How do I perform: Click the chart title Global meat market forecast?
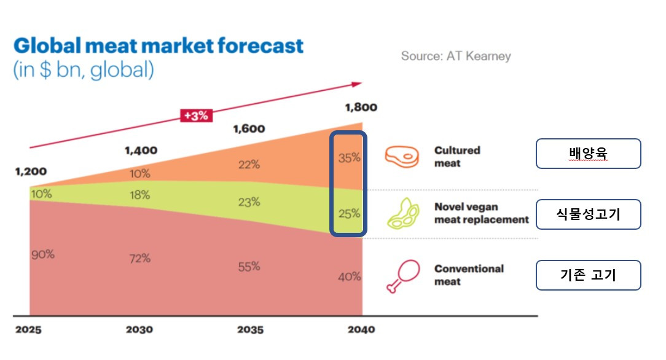click(x=159, y=46)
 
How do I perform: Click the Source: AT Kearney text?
click(x=456, y=56)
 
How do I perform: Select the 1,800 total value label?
click(x=361, y=108)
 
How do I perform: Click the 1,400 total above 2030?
click(x=141, y=150)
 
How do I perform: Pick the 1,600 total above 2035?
click(x=249, y=129)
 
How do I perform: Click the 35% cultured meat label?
click(x=349, y=158)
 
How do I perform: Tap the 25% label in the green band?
click(x=349, y=214)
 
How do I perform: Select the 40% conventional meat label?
click(x=349, y=277)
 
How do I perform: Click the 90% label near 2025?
click(x=42, y=254)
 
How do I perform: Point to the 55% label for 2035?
click(x=249, y=267)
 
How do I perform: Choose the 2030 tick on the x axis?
click(x=139, y=330)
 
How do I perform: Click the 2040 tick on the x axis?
click(x=361, y=330)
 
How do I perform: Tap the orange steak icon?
click(x=402, y=156)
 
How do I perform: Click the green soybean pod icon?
click(x=402, y=213)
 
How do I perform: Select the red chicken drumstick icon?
click(x=402, y=275)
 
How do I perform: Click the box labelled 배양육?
click(x=588, y=154)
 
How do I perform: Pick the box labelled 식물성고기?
click(x=588, y=214)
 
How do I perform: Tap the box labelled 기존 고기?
click(x=588, y=275)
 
